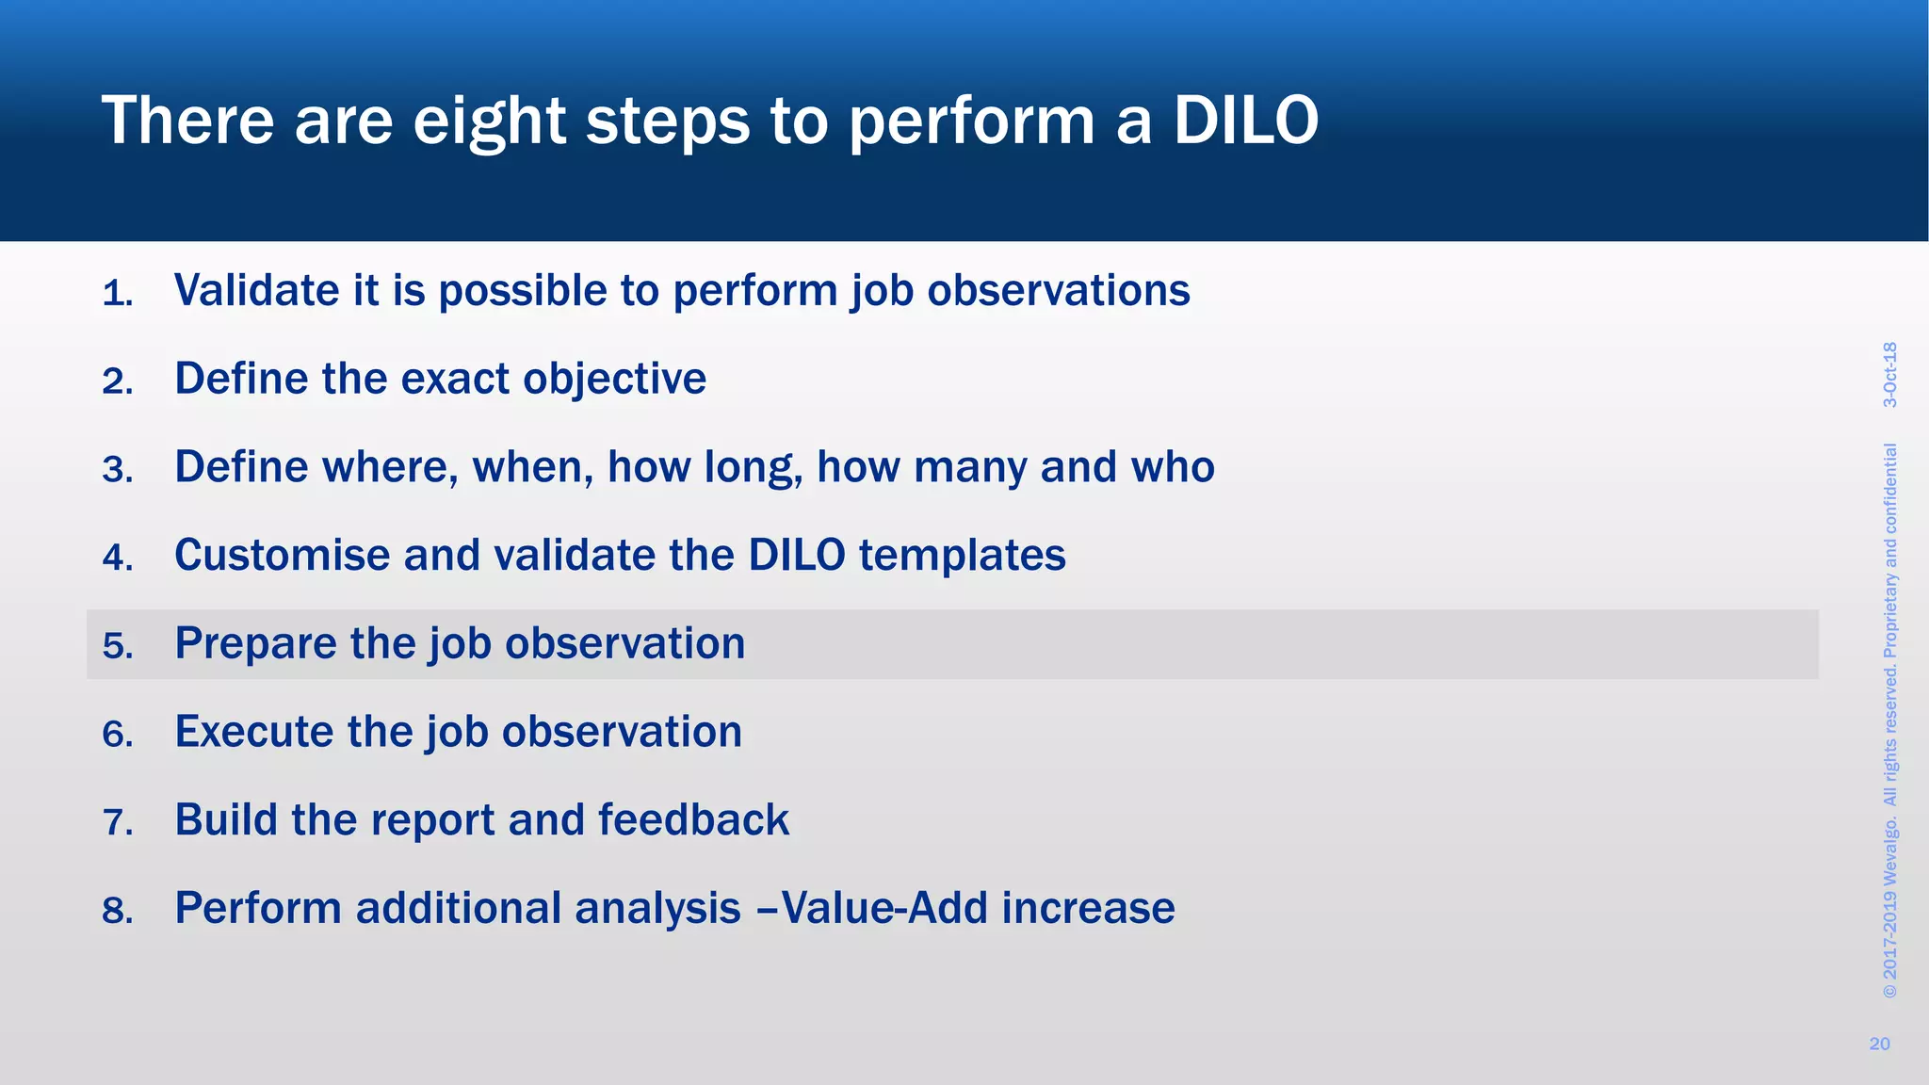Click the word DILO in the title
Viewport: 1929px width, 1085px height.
click(1245, 121)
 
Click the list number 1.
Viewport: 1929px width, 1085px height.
click(116, 294)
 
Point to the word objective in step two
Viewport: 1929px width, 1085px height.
click(614, 380)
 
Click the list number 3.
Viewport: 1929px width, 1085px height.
click(117, 470)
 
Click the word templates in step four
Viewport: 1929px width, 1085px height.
click(962, 555)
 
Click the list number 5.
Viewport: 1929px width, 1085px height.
click(117, 646)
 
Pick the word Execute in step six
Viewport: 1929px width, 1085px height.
click(253, 732)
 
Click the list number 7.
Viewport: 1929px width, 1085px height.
click(117, 823)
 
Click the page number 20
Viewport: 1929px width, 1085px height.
click(1879, 1044)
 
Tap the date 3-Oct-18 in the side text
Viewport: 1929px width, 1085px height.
click(1889, 375)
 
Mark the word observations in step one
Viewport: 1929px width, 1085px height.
click(1058, 290)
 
